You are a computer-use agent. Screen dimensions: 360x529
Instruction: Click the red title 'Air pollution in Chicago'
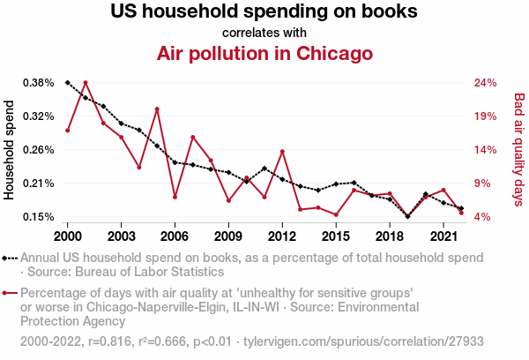[264, 53]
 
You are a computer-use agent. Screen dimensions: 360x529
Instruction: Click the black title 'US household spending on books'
[264, 12]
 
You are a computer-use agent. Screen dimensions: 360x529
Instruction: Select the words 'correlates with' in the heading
[264, 33]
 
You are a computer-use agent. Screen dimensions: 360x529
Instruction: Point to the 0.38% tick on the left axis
[38, 83]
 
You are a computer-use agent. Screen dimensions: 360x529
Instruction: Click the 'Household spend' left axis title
[10, 150]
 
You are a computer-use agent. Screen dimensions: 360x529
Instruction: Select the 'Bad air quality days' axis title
[519, 149]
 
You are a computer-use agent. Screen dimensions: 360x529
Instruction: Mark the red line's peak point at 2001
[86, 82]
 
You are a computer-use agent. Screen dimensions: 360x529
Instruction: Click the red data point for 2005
[157, 109]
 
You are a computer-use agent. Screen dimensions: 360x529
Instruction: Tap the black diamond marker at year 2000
[68, 82]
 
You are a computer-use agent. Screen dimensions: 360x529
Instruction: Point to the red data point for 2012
[282, 152]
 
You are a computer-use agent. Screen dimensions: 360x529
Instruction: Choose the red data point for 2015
[336, 214]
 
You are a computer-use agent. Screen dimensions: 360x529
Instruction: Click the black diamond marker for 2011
[264, 168]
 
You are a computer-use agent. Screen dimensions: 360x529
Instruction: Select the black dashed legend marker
[11, 258]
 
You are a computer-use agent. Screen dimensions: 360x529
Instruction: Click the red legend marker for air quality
[11, 293]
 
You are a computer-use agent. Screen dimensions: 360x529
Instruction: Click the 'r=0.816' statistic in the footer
[109, 341]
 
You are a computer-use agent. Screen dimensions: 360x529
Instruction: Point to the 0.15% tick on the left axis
[38, 217]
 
